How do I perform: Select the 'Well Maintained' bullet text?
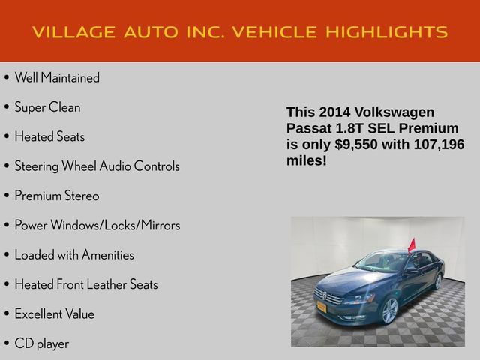56,78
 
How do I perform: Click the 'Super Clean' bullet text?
47,107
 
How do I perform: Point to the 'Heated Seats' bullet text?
49,136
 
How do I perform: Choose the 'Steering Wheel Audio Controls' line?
97,166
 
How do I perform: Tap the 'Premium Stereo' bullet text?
56,196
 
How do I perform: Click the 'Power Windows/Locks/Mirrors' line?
97,225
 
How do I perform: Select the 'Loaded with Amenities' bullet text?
73,255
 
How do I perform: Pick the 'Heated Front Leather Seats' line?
85,284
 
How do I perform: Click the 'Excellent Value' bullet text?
54,313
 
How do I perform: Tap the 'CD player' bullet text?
41,343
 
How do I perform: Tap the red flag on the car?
411,244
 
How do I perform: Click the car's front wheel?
389,310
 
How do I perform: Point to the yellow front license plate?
322,306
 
